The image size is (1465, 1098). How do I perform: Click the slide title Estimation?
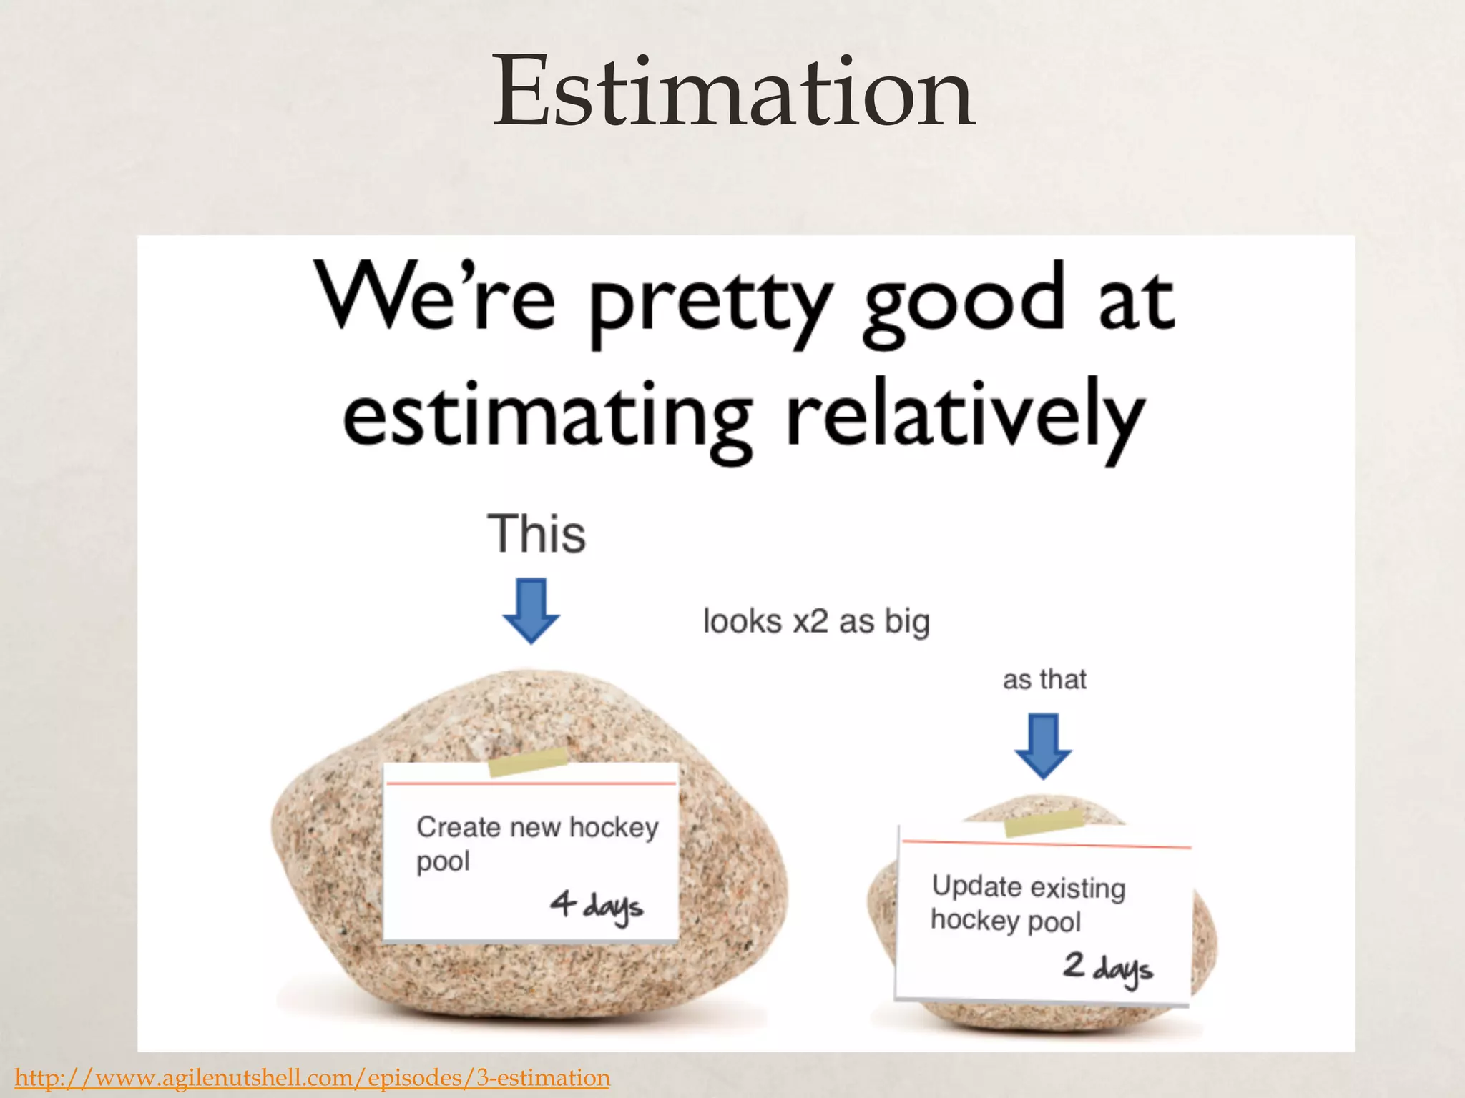tap(733, 93)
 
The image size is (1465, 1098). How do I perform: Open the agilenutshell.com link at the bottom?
tap(312, 1077)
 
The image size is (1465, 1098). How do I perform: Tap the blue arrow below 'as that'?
tap(1043, 746)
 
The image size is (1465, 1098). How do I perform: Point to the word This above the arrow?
tap(536, 534)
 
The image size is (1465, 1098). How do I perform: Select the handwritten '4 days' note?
tap(597, 906)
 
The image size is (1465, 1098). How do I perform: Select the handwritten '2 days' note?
tap(1107, 968)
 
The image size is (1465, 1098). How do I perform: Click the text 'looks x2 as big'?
tap(816, 620)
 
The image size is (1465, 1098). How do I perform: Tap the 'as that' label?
tap(1044, 679)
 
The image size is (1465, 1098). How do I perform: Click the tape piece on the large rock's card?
tap(528, 762)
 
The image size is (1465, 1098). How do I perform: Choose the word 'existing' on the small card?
tap(1078, 888)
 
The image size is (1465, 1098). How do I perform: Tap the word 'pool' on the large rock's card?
tap(443, 861)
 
